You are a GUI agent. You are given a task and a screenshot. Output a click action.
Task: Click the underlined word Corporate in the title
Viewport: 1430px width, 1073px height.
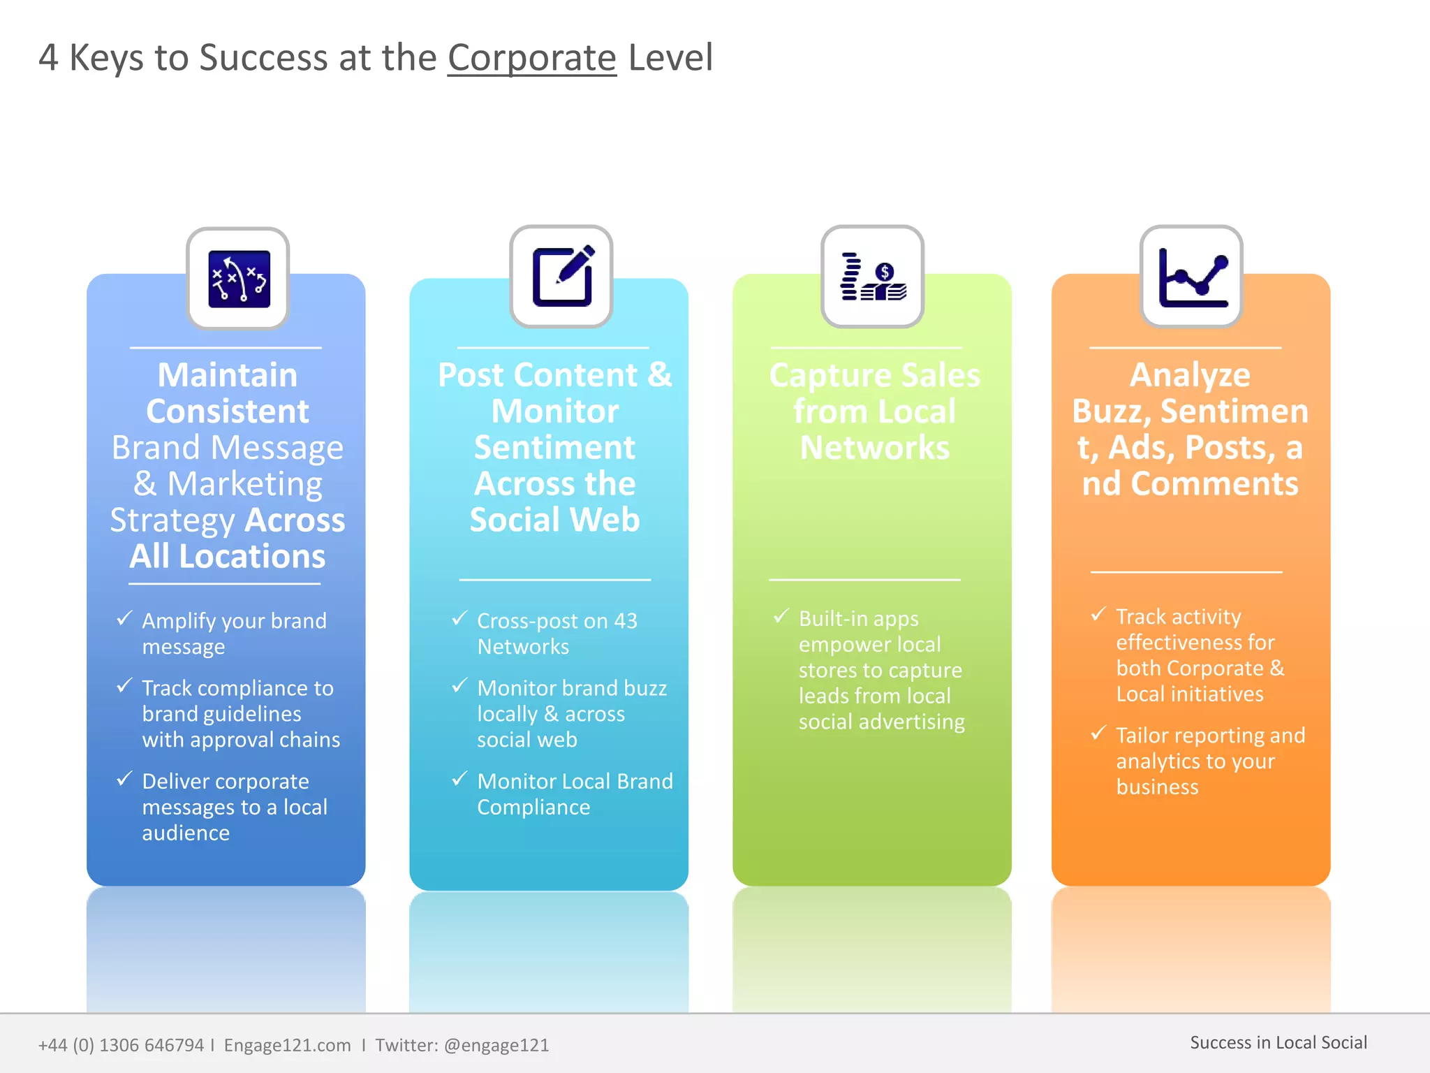[531, 58]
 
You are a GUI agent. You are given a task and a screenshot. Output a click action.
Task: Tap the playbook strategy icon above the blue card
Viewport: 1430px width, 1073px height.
[239, 279]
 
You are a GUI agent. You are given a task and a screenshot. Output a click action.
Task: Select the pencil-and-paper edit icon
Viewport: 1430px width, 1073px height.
[562, 277]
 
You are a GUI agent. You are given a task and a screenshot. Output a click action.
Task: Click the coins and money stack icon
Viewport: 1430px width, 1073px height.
[873, 277]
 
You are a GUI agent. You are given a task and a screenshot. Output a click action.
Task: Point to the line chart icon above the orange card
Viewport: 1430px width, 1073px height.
[1192, 277]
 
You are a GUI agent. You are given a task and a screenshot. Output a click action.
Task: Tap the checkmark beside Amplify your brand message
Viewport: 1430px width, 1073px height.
[124, 618]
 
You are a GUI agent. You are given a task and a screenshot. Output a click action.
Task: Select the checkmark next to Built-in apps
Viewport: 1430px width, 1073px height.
[781, 616]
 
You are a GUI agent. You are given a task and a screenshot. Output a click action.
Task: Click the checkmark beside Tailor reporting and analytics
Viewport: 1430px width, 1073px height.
[1098, 733]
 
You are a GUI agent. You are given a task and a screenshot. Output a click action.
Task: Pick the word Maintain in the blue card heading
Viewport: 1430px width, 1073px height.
[228, 375]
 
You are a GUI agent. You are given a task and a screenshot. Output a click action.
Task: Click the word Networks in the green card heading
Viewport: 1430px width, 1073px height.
[874, 448]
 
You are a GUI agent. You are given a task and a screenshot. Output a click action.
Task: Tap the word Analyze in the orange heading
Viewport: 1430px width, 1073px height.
[1190, 375]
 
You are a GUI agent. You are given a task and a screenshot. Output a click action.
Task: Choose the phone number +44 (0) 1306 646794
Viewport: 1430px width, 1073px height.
[121, 1045]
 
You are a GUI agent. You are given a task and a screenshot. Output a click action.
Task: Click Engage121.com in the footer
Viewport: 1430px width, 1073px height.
[287, 1045]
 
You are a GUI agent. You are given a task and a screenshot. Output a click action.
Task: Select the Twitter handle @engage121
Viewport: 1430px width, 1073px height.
[496, 1045]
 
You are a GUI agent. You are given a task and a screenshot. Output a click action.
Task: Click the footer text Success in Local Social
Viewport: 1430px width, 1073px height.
[1278, 1042]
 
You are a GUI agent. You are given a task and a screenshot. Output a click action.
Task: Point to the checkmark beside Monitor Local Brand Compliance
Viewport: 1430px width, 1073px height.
[459, 778]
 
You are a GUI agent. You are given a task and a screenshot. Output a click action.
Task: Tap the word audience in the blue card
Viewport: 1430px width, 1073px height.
[186, 833]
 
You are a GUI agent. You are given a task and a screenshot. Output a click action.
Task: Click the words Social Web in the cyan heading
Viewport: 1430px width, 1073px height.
[554, 520]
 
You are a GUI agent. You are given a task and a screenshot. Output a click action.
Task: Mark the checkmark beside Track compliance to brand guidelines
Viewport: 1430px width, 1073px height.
[124, 685]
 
